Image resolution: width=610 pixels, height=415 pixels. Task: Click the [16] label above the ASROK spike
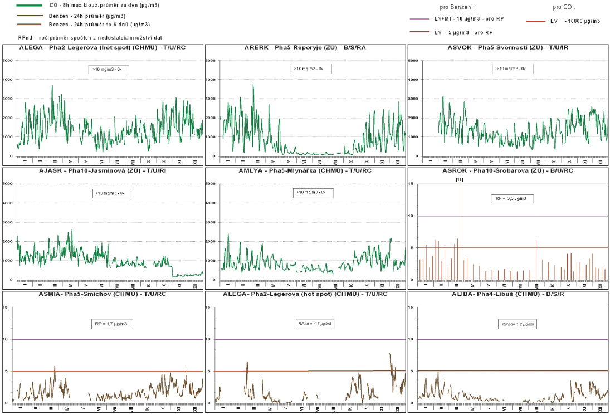[460, 180]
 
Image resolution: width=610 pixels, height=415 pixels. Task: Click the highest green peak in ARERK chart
[253, 85]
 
